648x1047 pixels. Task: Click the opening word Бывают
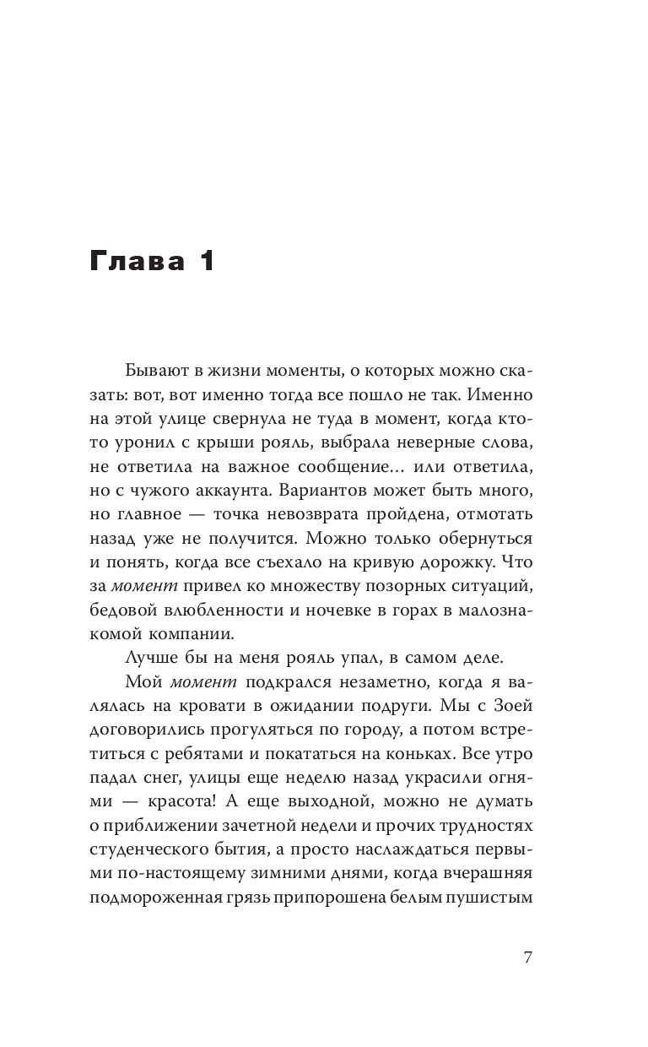[157, 370]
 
